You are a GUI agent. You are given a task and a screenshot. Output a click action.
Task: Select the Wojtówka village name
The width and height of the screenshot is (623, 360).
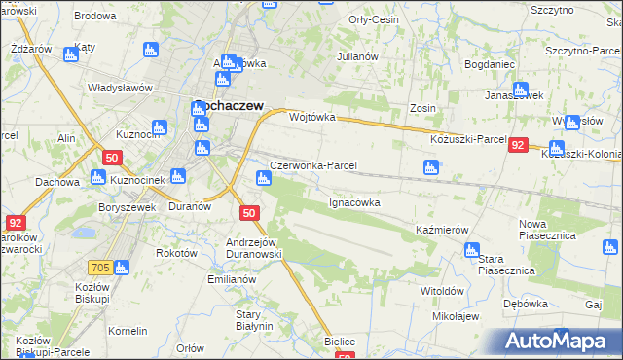(x=312, y=117)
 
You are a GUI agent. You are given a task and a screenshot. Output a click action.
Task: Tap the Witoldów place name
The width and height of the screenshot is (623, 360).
(x=441, y=291)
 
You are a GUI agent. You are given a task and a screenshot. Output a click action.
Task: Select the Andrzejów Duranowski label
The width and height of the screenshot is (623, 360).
(x=253, y=247)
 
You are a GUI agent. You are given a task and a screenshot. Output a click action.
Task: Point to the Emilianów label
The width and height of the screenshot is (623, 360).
(x=230, y=279)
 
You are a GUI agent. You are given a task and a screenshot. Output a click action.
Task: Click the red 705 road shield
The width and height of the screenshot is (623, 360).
(x=125, y=267)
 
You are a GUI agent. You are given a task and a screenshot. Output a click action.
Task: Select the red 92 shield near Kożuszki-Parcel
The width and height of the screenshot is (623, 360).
(x=518, y=144)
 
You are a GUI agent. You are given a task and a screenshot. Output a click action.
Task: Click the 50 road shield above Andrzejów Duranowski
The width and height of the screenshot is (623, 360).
(x=249, y=213)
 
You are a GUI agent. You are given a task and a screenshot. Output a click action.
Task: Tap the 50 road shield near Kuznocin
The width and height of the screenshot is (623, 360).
(x=112, y=158)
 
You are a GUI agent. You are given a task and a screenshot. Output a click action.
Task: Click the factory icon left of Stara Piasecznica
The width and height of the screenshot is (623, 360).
(x=472, y=250)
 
